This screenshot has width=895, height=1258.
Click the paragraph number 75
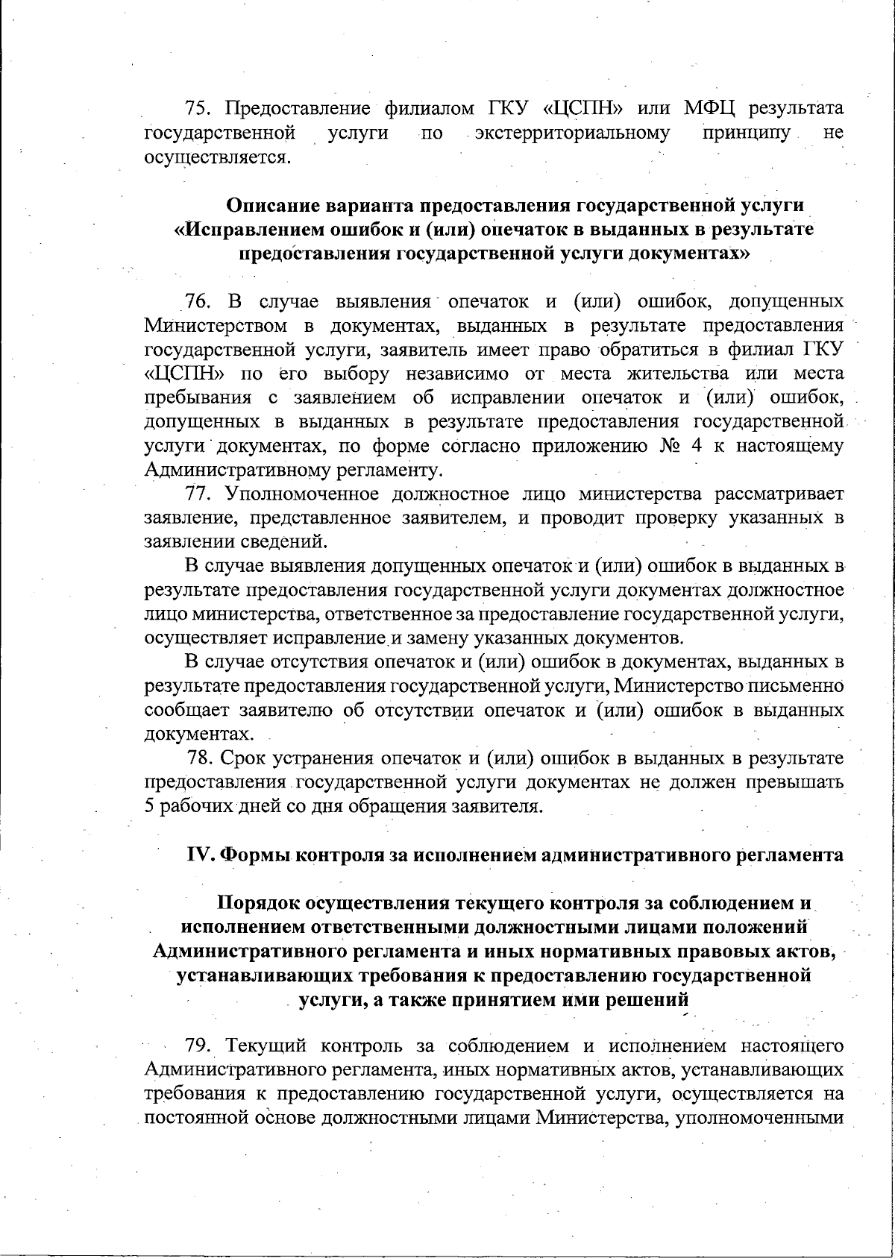[x=198, y=109]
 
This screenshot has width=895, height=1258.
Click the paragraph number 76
[x=198, y=301]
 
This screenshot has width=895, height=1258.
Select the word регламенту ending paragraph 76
[x=389, y=471]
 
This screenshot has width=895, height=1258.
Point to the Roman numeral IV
[x=200, y=855]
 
